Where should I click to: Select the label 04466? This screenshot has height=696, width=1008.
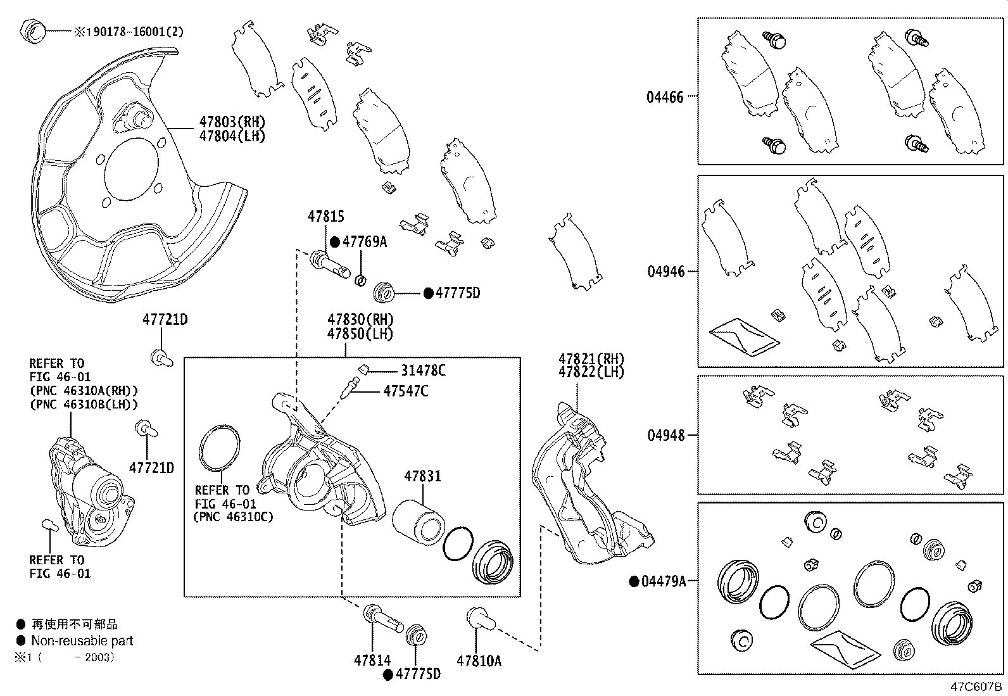pyautogui.click(x=665, y=98)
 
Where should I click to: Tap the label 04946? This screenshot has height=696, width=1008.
pyautogui.click(x=665, y=272)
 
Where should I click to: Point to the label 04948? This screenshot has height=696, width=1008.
pyautogui.click(x=665, y=436)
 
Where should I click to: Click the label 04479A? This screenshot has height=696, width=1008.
pyautogui.click(x=664, y=581)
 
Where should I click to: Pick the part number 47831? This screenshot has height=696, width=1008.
pyautogui.click(x=423, y=476)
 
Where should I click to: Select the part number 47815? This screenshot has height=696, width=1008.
pyautogui.click(x=325, y=217)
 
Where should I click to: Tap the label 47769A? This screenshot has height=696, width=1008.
pyautogui.click(x=364, y=241)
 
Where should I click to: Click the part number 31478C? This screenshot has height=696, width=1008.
pyautogui.click(x=423, y=370)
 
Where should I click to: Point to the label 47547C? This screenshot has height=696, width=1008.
pyautogui.click(x=405, y=391)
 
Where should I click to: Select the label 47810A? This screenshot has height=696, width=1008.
pyautogui.click(x=479, y=661)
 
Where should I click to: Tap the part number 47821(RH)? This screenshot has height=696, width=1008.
pyautogui.click(x=591, y=358)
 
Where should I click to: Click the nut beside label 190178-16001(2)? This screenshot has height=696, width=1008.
pyautogui.click(x=32, y=30)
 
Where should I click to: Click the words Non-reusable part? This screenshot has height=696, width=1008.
pyautogui.click(x=82, y=641)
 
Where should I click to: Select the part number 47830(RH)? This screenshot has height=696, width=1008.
pyautogui.click(x=360, y=319)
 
